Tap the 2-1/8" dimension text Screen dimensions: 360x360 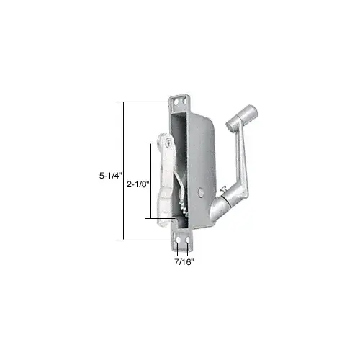pyautogui.click(x=138, y=185)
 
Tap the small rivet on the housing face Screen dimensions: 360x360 pyautogui.click(x=199, y=192)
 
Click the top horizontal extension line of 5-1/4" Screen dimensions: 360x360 pyautogui.click(x=144, y=101)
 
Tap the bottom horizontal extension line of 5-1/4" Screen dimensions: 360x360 pyautogui.click(x=144, y=239)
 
